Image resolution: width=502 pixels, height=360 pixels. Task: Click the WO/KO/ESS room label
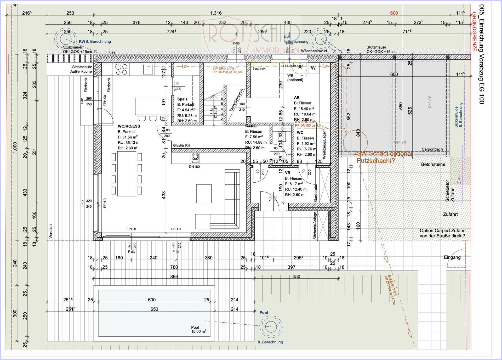click(x=129, y=126)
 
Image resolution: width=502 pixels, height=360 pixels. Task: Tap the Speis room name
click(x=182, y=99)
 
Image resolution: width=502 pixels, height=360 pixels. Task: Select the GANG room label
click(x=251, y=126)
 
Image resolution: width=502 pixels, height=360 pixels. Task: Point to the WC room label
click(x=300, y=132)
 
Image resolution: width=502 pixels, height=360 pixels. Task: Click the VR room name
click(x=288, y=173)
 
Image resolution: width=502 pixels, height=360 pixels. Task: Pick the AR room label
click(x=296, y=98)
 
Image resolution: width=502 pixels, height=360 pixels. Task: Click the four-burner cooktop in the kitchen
click(x=121, y=70)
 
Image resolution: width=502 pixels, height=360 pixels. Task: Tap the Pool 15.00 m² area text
click(x=199, y=329)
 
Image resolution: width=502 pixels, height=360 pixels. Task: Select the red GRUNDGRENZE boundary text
click(x=474, y=31)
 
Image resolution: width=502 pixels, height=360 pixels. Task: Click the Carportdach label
click(x=432, y=149)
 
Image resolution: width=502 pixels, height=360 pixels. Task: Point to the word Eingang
click(x=452, y=257)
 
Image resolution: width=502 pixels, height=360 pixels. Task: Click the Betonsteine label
click(x=433, y=165)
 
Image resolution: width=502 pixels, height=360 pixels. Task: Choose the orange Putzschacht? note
click(x=375, y=161)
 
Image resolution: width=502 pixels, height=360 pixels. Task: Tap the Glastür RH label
click(x=181, y=145)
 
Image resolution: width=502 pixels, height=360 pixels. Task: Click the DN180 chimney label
click(x=194, y=167)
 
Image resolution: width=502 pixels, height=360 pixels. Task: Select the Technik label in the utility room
click(x=259, y=69)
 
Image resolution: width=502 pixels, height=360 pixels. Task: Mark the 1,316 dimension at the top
click(x=216, y=13)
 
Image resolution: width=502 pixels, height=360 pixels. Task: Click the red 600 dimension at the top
click(x=394, y=13)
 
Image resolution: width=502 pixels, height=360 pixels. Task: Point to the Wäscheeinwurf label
click(x=314, y=51)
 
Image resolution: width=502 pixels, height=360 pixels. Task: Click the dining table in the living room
click(x=127, y=174)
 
